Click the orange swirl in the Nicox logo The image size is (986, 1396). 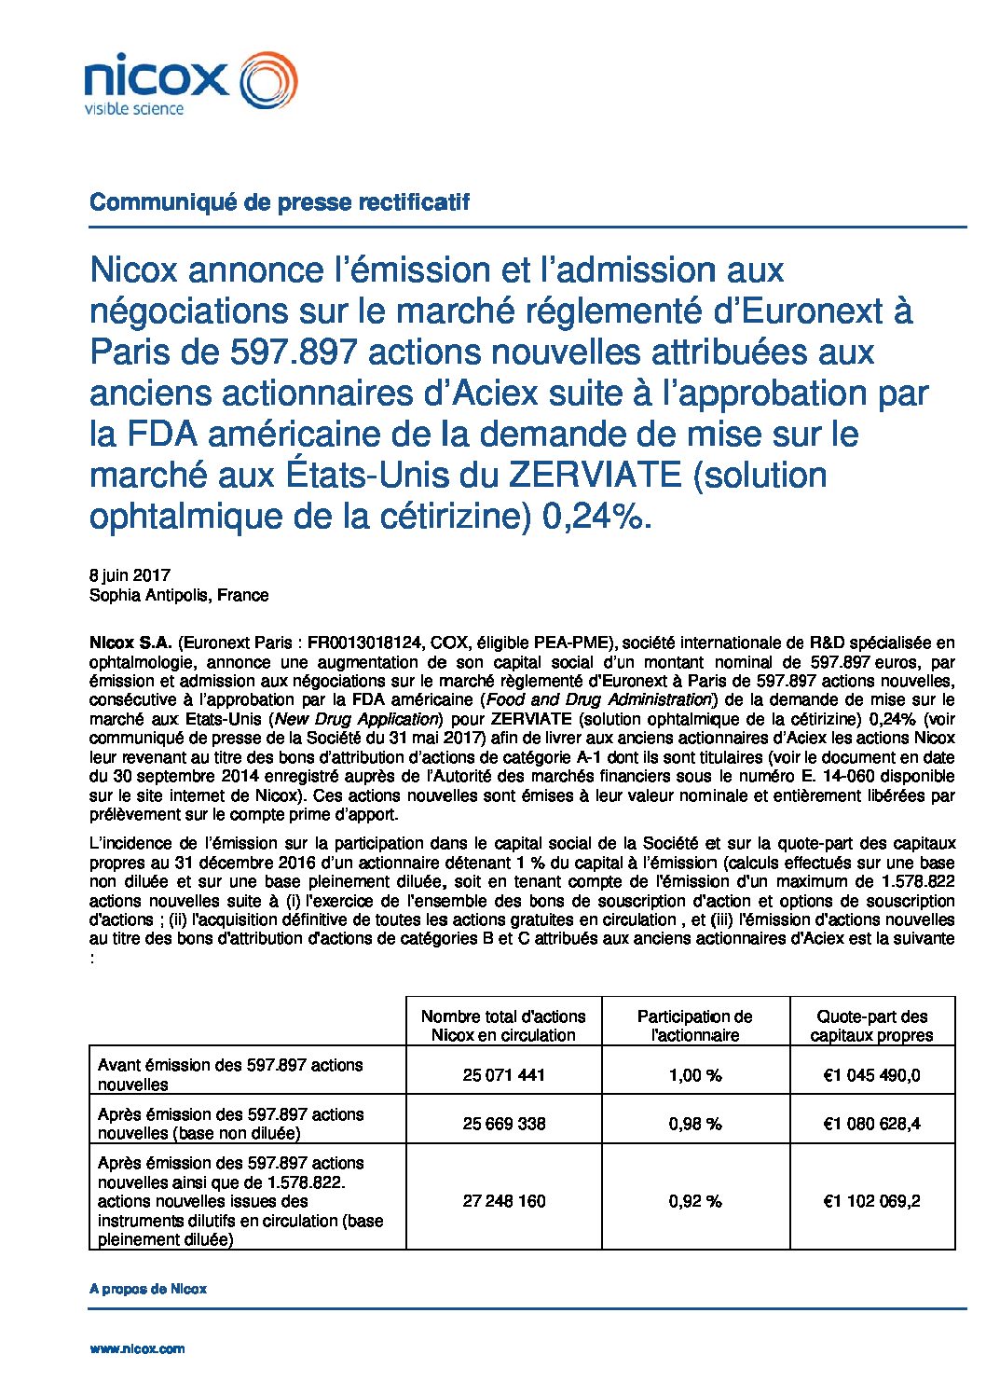(269, 79)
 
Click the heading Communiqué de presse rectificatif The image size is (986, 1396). (279, 201)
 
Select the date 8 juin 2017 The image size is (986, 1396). (130, 575)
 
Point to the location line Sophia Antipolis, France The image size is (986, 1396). (179, 595)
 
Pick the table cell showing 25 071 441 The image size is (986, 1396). (503, 1075)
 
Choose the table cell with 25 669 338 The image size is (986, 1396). (503, 1124)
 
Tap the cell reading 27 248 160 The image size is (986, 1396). (503, 1201)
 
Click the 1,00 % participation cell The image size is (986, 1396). (695, 1075)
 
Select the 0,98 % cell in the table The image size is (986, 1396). (695, 1124)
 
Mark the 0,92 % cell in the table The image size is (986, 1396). (695, 1201)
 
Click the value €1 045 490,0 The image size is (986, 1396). (871, 1075)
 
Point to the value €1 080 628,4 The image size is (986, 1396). (871, 1124)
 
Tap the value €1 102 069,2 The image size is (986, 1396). (871, 1201)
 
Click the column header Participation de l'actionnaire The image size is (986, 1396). (695, 1026)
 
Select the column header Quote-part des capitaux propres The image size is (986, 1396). (871, 1026)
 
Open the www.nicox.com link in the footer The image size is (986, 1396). (137, 1348)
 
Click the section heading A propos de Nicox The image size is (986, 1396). (148, 1289)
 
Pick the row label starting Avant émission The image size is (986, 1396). (230, 1074)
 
